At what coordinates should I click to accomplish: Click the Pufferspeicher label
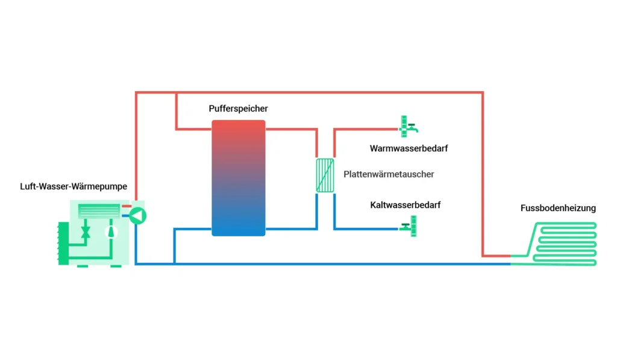pyautogui.click(x=238, y=109)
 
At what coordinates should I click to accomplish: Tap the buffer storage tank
pyautogui.click(x=238, y=178)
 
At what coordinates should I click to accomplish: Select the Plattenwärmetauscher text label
pyautogui.click(x=389, y=174)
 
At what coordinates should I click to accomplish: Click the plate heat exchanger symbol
pyautogui.click(x=325, y=175)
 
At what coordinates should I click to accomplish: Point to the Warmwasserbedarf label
pyautogui.click(x=409, y=148)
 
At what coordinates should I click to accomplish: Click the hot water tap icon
pyautogui.click(x=408, y=127)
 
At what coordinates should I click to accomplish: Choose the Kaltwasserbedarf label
pyautogui.click(x=405, y=205)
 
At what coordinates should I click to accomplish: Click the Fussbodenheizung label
pyautogui.click(x=558, y=208)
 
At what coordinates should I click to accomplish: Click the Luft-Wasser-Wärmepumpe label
pyautogui.click(x=74, y=186)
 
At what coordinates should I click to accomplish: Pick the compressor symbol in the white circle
pyautogui.click(x=110, y=231)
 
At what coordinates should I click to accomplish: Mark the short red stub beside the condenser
pyautogui.click(x=126, y=206)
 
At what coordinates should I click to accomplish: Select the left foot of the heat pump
pyautogui.click(x=82, y=266)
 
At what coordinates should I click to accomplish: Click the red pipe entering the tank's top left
pyautogui.click(x=193, y=128)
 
